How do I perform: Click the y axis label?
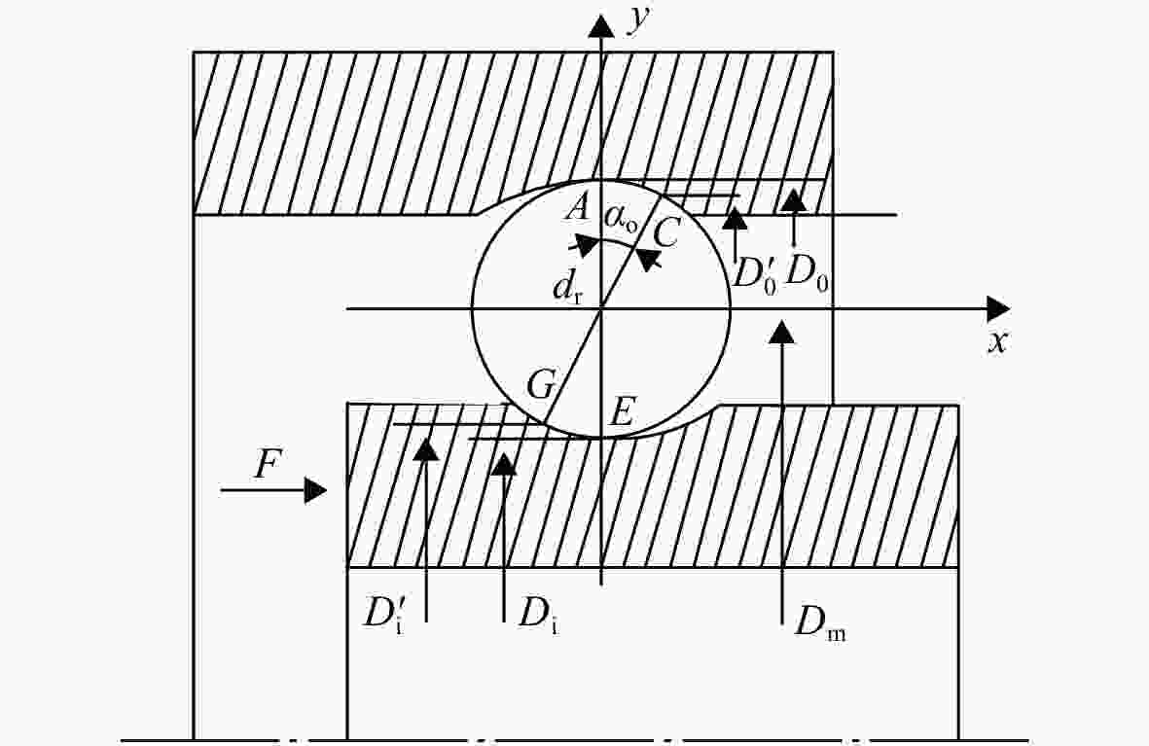639,19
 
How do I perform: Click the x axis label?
996,341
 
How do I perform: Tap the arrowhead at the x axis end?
999,309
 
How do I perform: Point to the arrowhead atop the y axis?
601,26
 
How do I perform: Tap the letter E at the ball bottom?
622,412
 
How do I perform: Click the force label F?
269,464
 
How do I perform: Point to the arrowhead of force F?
315,489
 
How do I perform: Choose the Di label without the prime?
539,614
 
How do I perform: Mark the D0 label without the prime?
807,275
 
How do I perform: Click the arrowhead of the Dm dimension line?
783,332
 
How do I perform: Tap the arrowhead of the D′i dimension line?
426,447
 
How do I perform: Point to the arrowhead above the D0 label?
794,200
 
